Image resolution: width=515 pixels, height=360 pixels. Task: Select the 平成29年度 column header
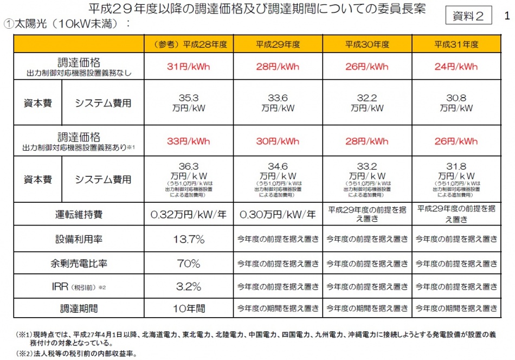pos(278,44)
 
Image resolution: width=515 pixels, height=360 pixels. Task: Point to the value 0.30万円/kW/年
pos(278,215)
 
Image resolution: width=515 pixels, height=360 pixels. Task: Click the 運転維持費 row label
pos(79,215)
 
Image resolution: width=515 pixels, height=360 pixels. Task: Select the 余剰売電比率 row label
pos(79,264)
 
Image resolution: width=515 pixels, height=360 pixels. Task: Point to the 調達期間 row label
pos(79,308)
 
